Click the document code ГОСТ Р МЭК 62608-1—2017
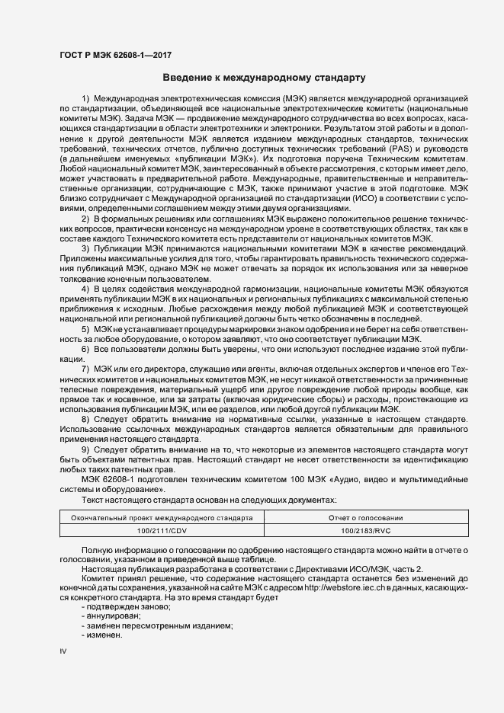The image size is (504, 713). click(x=111, y=55)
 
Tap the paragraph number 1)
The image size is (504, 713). click(x=85, y=100)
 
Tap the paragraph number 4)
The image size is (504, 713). click(x=85, y=289)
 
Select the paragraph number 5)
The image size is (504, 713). click(x=85, y=328)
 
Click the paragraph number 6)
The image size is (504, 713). click(x=85, y=348)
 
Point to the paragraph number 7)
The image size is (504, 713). click(x=85, y=368)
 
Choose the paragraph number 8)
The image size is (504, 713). click(x=85, y=420)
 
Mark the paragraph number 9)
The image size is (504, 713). click(x=85, y=449)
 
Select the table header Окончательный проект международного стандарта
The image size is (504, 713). click(x=162, y=517)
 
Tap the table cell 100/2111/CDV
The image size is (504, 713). click(x=162, y=529)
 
